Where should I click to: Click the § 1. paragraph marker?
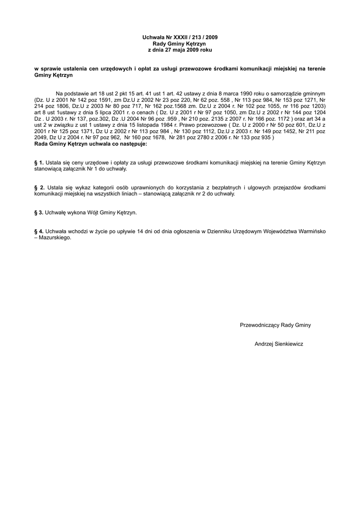38,163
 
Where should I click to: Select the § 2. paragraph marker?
38,187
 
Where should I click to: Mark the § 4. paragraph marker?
38,231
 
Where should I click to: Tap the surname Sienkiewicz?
289,343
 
